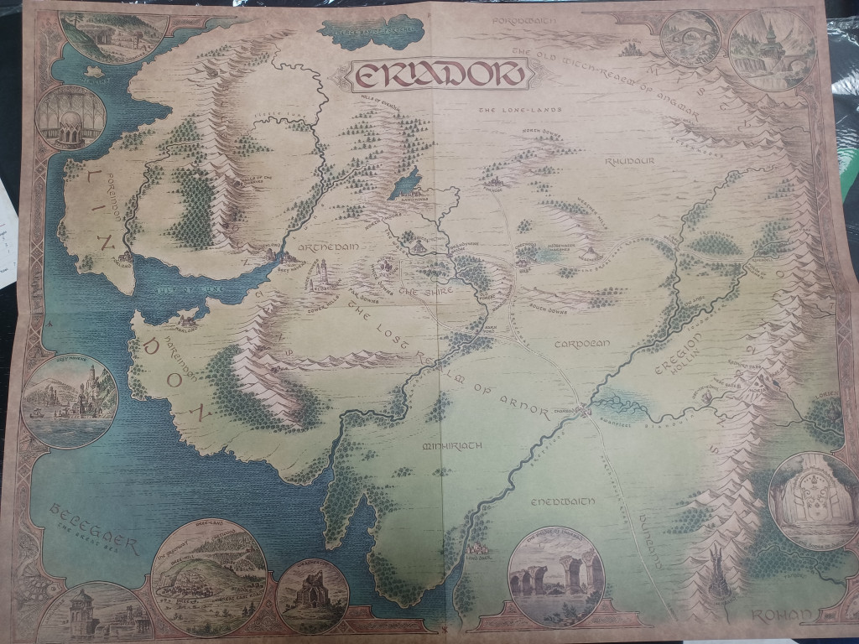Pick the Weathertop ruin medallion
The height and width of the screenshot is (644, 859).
[312, 595]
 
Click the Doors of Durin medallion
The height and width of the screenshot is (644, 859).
[803, 501]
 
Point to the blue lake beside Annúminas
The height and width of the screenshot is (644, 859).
[404, 182]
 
